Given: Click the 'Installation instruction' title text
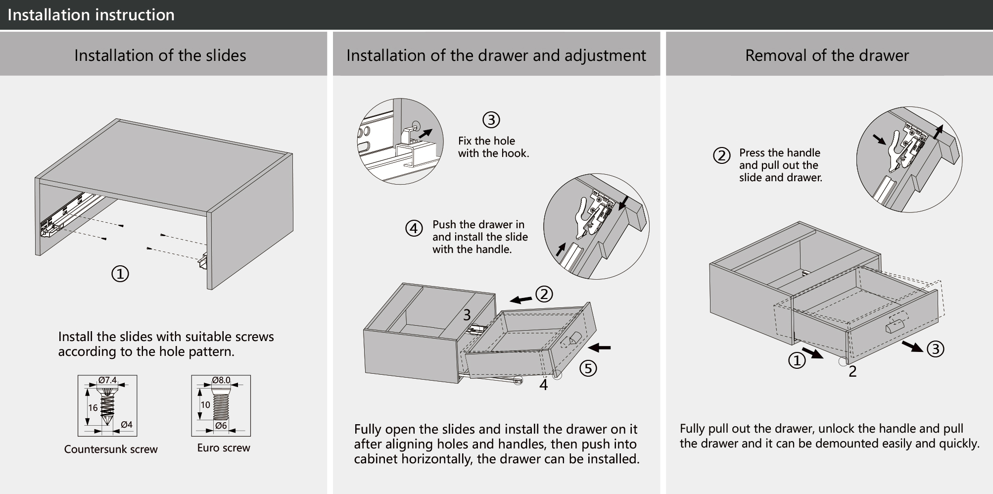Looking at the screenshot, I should [91, 15].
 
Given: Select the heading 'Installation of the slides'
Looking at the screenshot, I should [160, 55].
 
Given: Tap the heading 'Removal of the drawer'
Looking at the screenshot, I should [827, 55].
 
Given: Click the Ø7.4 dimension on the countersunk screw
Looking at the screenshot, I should [107, 380].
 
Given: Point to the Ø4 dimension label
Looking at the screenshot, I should [127, 425].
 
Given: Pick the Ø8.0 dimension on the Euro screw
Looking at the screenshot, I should [221, 380].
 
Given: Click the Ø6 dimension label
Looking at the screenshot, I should [221, 426].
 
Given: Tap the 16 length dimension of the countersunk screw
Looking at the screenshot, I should [93, 408].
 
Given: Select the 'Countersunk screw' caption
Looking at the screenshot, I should [111, 449].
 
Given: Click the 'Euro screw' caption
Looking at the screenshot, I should [224, 448].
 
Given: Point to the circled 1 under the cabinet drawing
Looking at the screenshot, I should [120, 274].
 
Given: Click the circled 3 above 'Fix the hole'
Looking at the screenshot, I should [491, 120].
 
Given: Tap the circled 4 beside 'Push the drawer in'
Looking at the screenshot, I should [414, 229].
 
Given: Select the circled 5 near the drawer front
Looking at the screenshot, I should [588, 368].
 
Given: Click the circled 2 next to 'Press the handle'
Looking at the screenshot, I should [721, 156].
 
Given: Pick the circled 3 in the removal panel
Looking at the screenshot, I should [935, 349].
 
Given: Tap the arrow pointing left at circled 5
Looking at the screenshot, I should [600, 348].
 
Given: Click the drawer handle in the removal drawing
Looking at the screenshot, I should [894, 327].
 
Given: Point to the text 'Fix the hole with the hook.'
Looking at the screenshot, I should [493, 147].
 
